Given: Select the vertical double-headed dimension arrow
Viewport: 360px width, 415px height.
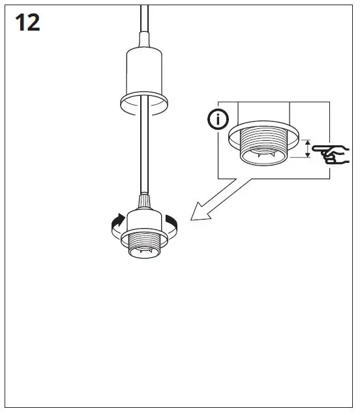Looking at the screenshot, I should (308, 148).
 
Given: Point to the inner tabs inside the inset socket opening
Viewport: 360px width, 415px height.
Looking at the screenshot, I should (264, 158).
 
